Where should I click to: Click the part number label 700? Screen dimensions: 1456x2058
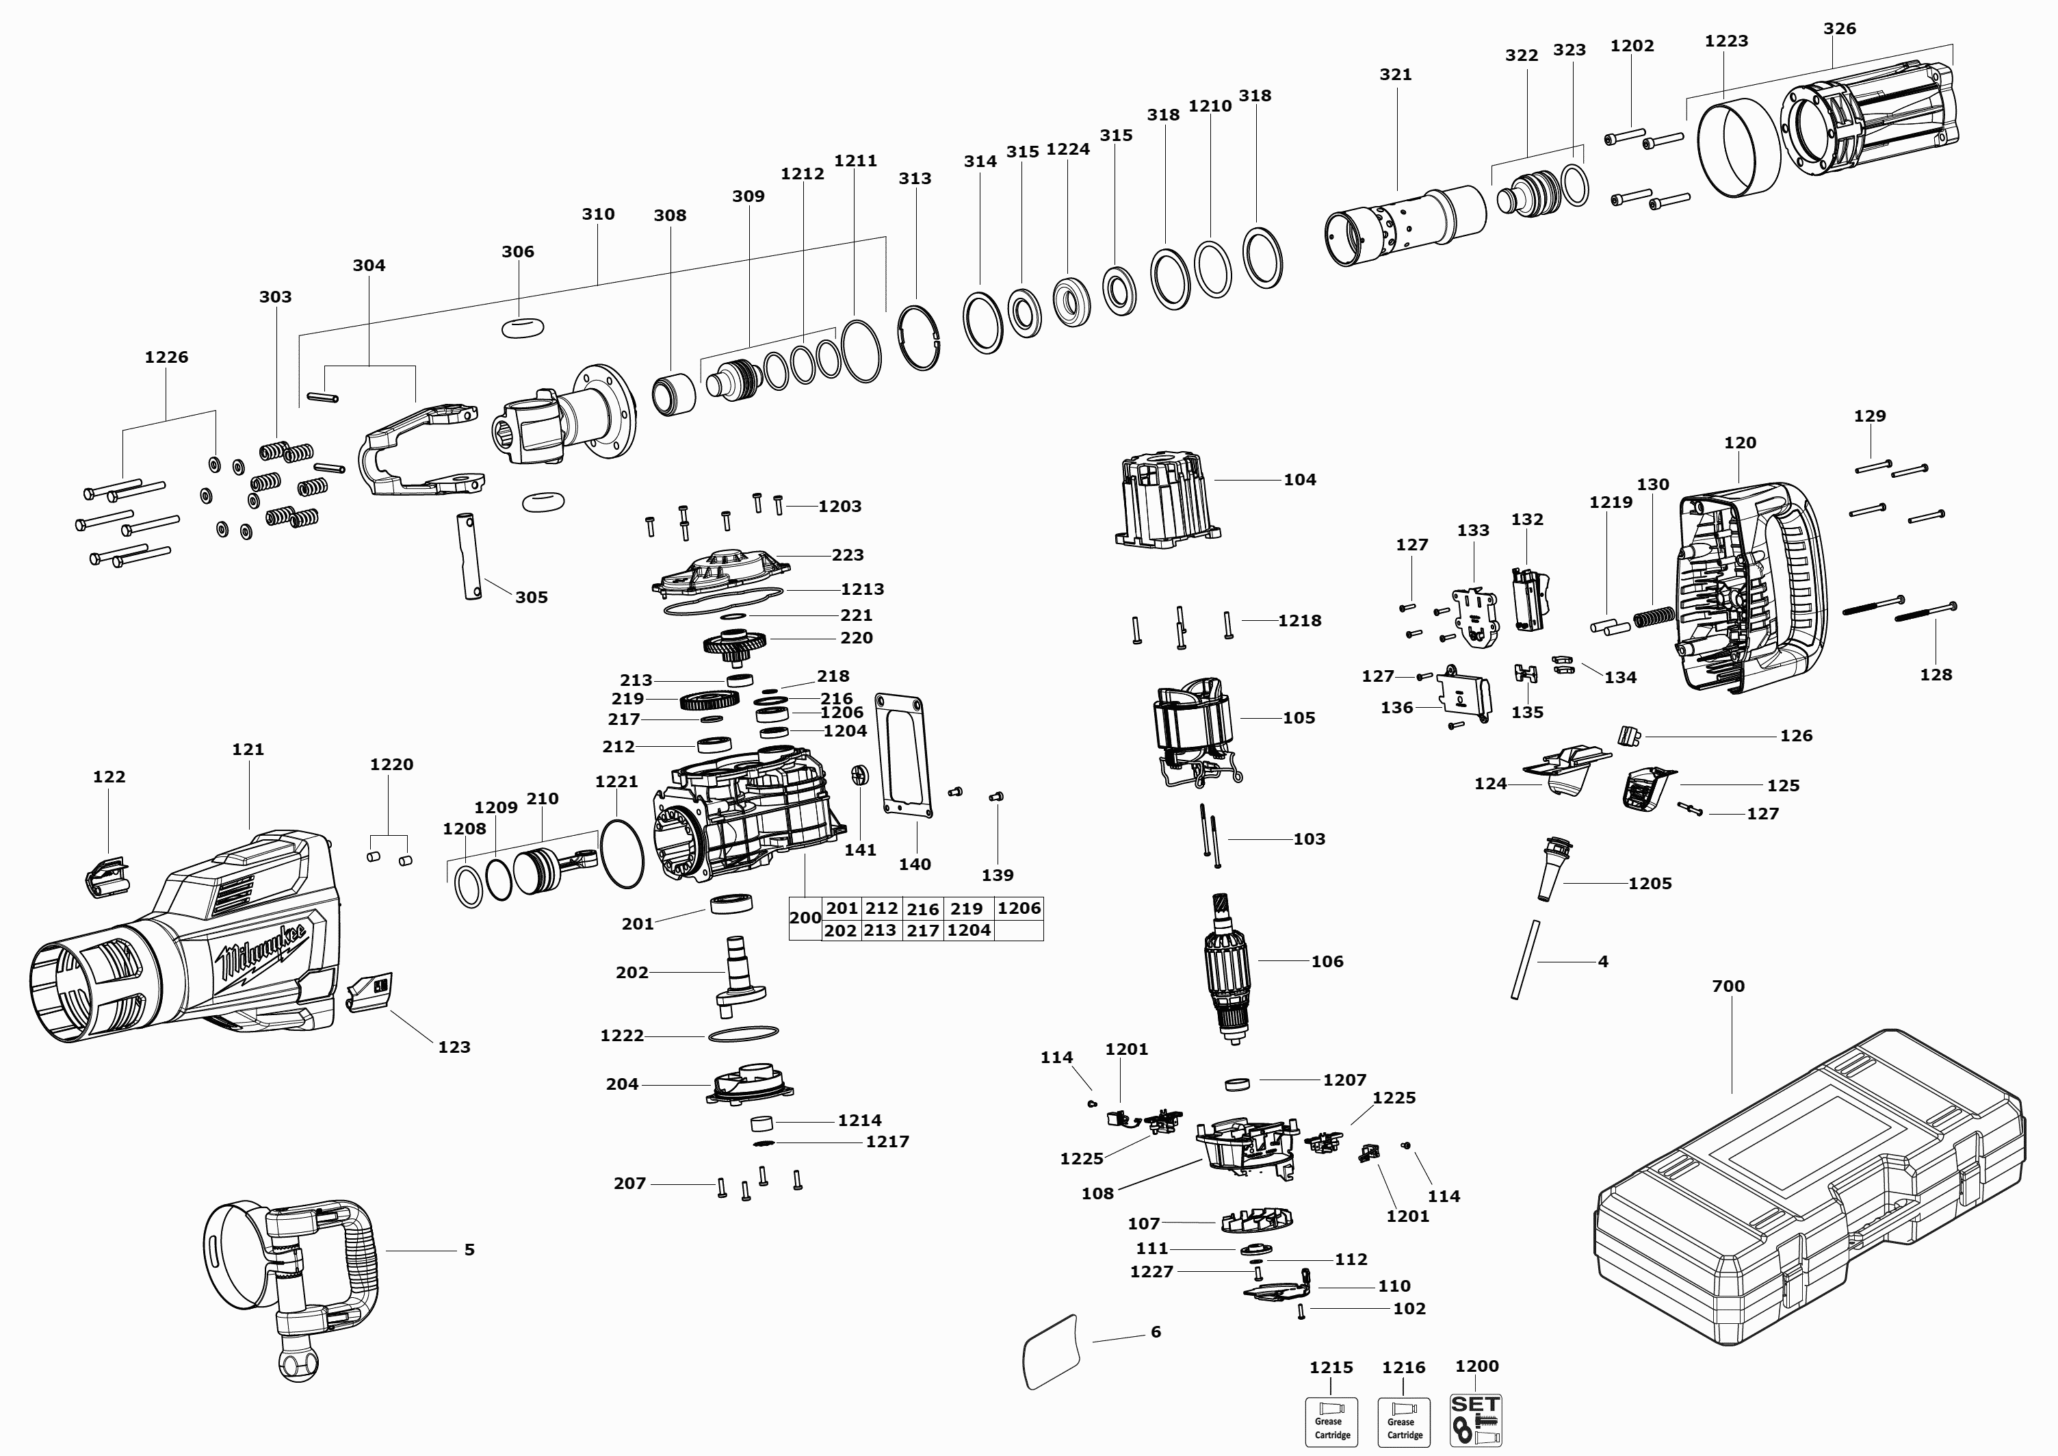click(1728, 986)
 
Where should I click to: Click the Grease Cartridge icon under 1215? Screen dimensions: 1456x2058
click(1331, 1422)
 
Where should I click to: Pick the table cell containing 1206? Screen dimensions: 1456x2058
click(1019, 908)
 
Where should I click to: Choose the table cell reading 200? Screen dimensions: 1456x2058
click(805, 918)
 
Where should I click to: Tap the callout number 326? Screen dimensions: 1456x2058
click(1839, 29)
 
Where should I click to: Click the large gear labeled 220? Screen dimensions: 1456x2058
click(734, 643)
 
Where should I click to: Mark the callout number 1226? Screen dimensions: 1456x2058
click(167, 357)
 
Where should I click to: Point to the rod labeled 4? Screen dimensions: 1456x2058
click(1524, 959)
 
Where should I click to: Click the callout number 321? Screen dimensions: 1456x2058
click(1396, 75)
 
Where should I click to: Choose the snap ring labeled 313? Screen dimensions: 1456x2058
click(919, 337)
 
